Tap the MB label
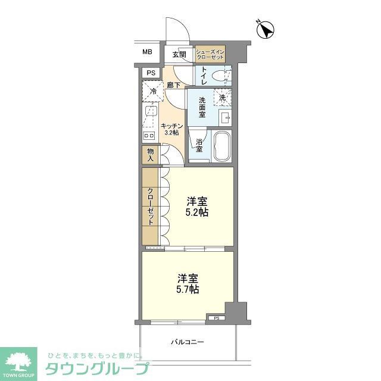pos(147,52)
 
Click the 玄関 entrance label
pos(179,55)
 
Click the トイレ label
pos(204,76)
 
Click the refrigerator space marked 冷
pos(152,92)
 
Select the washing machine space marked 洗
pos(221,97)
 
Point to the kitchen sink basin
pos(151,113)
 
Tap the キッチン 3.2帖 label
pos(171,129)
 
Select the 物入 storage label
pos(151,156)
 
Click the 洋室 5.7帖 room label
pos(188,283)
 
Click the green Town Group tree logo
pos(18,360)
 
